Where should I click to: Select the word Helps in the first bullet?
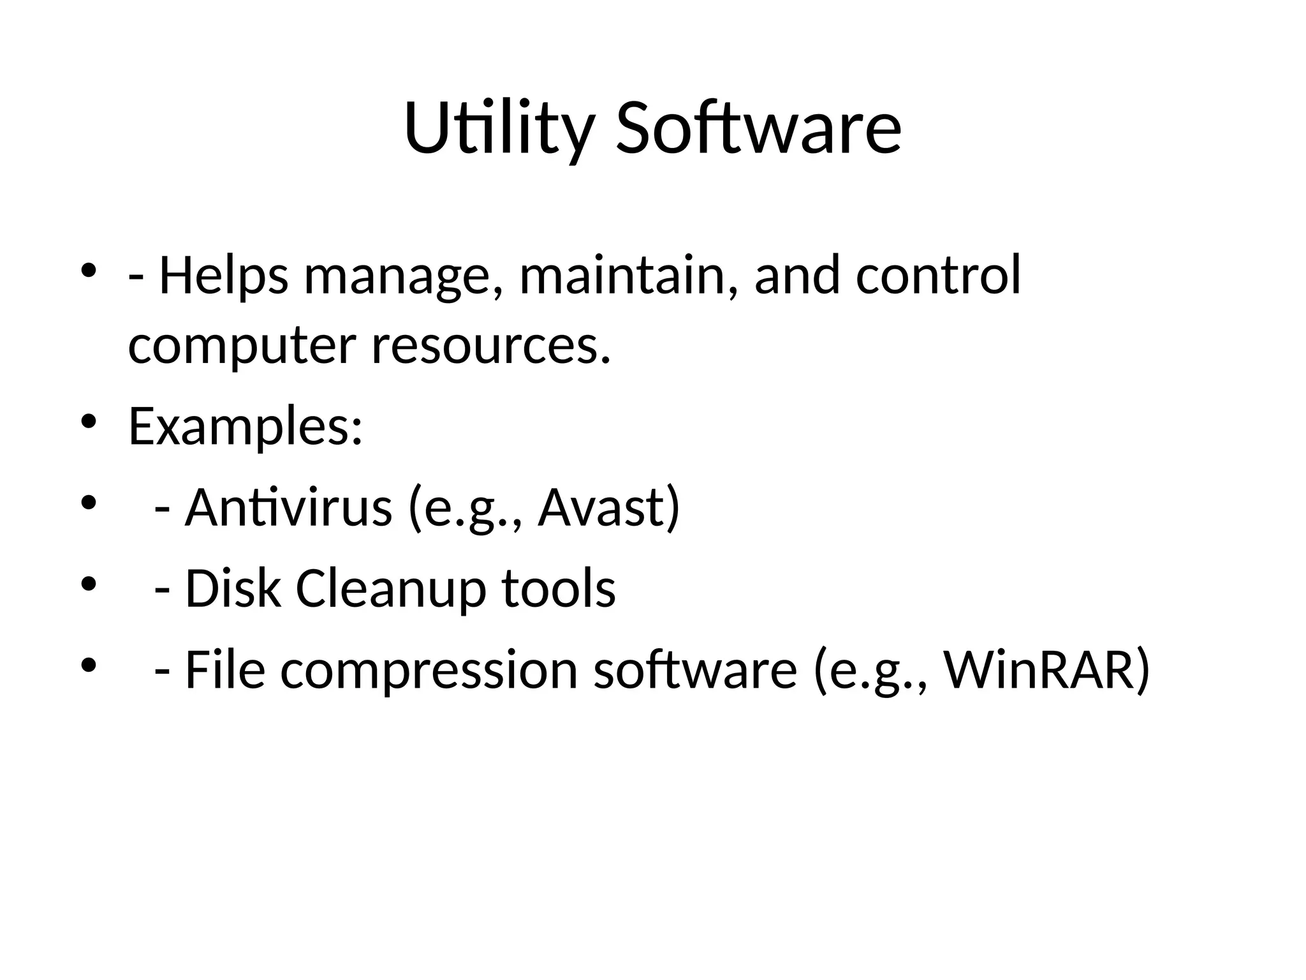pos(223,276)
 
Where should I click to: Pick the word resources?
pos(490,346)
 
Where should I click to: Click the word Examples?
pos(245,427)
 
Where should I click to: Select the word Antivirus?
pos(288,508)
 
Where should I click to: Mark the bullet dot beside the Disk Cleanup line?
pos(89,583)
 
